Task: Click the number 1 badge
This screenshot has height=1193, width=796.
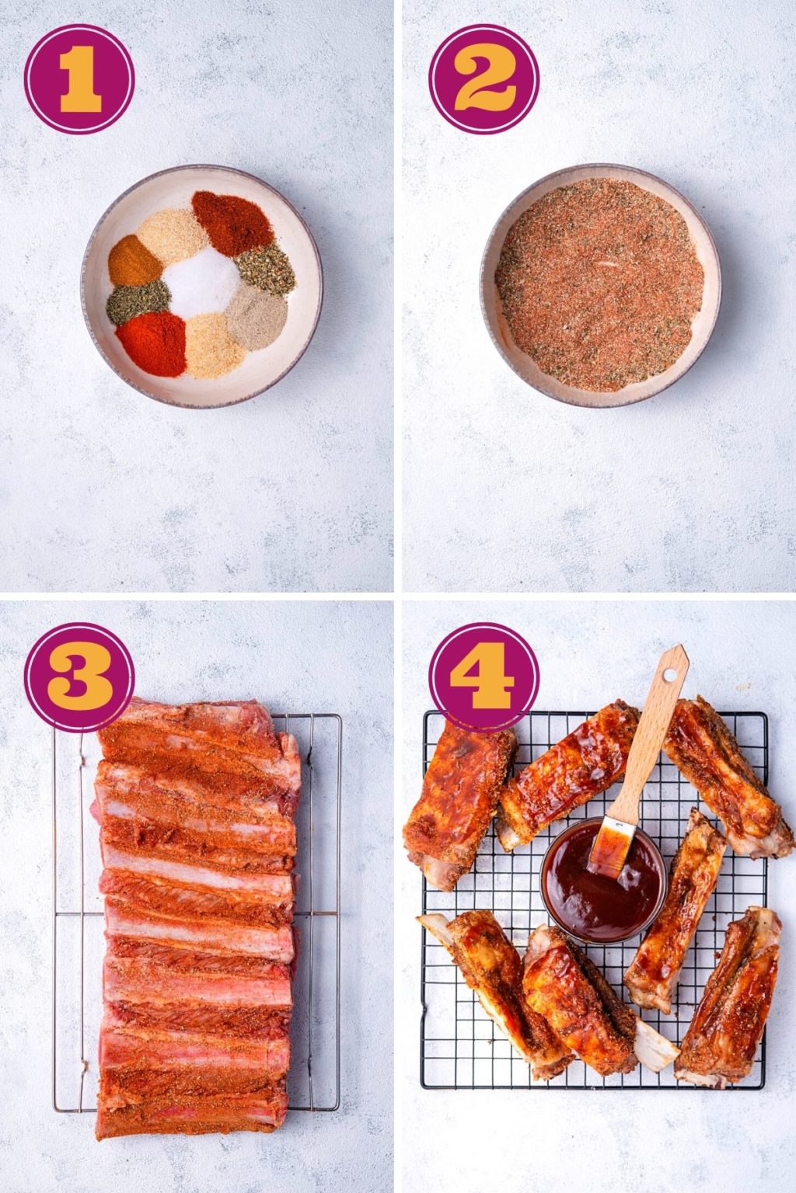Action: [x=79, y=78]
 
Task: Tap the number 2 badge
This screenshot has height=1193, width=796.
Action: [x=484, y=78]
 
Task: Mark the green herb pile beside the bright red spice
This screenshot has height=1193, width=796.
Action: [x=138, y=301]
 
